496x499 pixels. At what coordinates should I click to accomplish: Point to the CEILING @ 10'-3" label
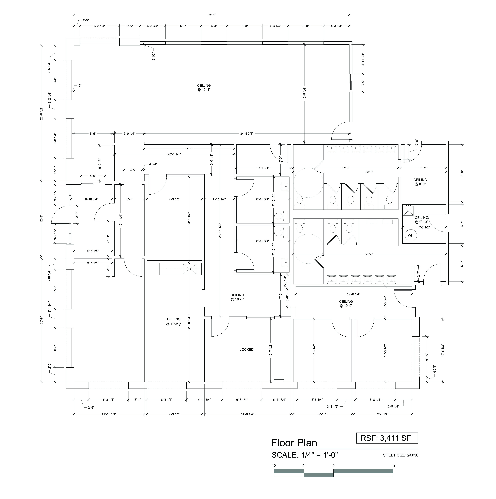(x=237, y=297)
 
